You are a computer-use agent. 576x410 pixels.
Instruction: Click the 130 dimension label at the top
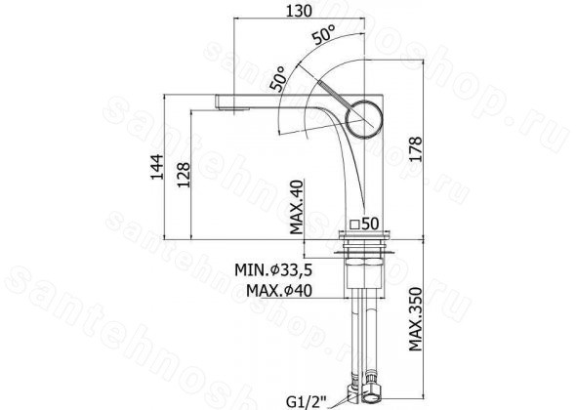tap(299, 11)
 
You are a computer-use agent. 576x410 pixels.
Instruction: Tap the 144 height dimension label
tap(157, 167)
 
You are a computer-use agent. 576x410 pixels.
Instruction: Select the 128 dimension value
tap(185, 175)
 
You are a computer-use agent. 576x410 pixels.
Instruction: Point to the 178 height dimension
tap(415, 148)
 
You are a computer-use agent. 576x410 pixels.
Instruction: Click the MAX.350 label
tap(416, 319)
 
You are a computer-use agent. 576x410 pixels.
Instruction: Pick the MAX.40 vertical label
tap(296, 207)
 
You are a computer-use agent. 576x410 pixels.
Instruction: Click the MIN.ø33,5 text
tap(273, 270)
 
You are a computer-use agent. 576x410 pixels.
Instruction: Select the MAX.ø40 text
tap(279, 291)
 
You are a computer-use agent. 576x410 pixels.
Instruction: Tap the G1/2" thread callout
tap(307, 402)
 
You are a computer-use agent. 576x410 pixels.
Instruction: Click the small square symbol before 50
tap(354, 224)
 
